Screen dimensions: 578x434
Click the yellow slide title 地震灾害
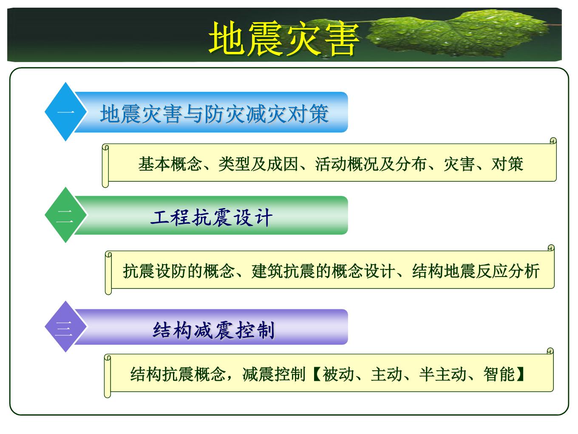284,38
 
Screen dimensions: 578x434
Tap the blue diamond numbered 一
65,112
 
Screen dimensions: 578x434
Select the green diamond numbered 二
65,215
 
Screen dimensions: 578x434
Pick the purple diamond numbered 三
65,327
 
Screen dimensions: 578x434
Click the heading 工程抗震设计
212,218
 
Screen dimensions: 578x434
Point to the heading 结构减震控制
213,330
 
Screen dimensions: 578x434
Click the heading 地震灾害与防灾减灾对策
214,114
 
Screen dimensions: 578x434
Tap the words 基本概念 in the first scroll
170,164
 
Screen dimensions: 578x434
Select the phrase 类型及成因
258,164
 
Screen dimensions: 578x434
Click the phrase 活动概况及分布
371,164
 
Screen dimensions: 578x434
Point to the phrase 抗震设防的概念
178,271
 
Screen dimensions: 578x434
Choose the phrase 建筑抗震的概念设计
323,271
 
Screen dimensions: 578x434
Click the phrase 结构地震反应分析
476,271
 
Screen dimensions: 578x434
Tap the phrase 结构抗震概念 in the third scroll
178,374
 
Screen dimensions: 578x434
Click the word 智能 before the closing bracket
499,374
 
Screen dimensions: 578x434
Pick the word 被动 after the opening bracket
338,374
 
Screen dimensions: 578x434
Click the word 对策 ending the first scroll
507,164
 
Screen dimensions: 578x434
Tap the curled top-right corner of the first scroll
553,141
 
